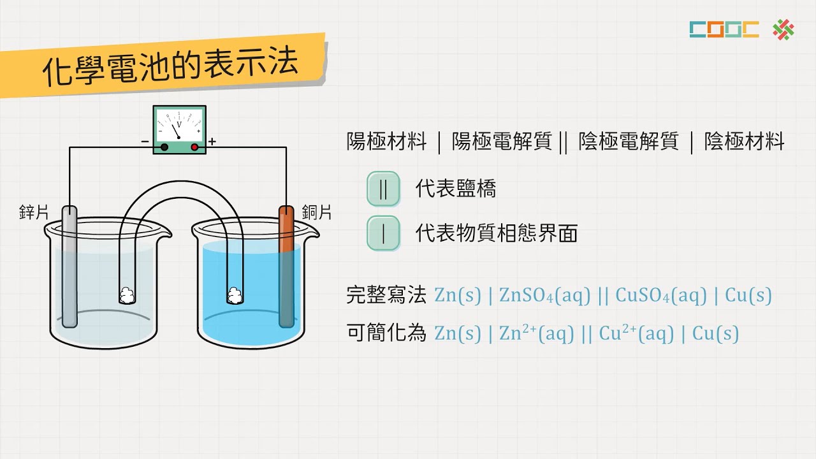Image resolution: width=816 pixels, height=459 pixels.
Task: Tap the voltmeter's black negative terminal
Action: [164, 147]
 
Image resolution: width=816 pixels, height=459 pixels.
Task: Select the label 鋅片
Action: [34, 212]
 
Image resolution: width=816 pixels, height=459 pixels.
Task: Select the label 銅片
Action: [317, 212]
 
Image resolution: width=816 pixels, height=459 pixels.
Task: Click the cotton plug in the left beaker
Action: [127, 295]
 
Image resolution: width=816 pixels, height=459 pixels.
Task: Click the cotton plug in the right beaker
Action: [235, 295]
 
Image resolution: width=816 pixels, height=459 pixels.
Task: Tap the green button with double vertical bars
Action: [383, 189]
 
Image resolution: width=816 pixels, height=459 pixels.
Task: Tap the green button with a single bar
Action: [383, 233]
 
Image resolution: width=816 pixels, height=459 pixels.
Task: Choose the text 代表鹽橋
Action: [455, 189]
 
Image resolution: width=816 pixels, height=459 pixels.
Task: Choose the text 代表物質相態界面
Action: [496, 233]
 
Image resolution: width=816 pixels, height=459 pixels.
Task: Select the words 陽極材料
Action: [386, 142]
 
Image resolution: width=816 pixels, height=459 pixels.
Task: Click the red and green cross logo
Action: [783, 29]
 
